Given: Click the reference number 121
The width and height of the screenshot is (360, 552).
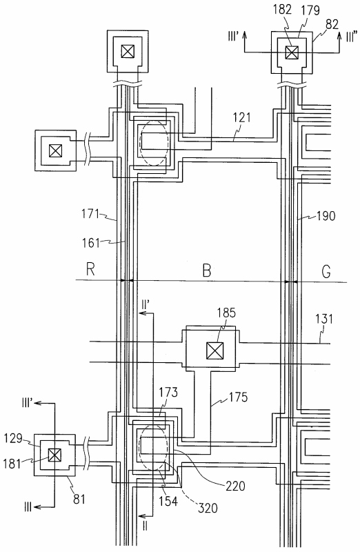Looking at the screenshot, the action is tap(242, 117).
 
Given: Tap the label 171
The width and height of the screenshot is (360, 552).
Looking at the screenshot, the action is tap(90, 214).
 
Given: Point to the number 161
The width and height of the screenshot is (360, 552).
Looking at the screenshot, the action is tap(91, 243).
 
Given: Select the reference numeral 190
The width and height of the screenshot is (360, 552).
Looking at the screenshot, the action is tap(326, 215).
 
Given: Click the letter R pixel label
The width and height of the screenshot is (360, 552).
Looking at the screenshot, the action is tap(90, 269).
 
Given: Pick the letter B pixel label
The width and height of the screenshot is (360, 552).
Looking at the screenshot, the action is tap(207, 270).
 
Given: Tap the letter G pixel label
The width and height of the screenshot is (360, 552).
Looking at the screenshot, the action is tap(326, 272).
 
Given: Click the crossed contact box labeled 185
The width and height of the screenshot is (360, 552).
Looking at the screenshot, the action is tap(214, 351).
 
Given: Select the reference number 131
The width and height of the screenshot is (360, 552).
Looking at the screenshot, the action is tap(323, 319).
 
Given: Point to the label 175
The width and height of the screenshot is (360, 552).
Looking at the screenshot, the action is tap(238, 397).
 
